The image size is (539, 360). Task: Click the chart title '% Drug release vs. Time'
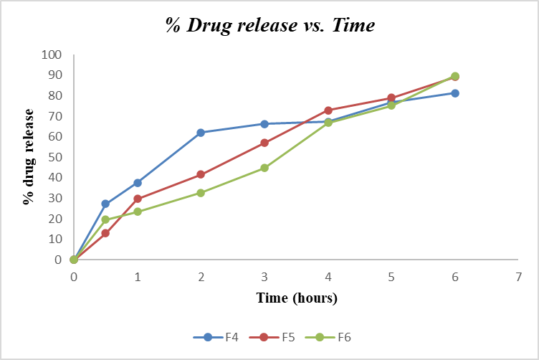tap(270, 26)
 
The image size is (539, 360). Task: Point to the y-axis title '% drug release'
tap(29, 157)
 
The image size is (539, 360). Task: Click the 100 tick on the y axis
tap(52, 55)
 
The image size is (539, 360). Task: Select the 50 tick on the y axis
tap(55, 157)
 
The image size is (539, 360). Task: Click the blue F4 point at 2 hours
tap(201, 133)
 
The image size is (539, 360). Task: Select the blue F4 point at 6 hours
tap(454, 93)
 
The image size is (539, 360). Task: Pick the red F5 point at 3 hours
tap(264, 143)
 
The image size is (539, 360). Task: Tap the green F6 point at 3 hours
tap(264, 168)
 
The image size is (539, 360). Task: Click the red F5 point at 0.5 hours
tap(105, 233)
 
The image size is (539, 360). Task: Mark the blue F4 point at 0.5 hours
tap(105, 204)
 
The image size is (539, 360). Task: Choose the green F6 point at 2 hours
tap(201, 193)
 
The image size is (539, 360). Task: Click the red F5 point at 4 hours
tap(328, 110)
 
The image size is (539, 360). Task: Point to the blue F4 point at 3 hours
tap(264, 124)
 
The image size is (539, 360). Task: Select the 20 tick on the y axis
tap(55, 219)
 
